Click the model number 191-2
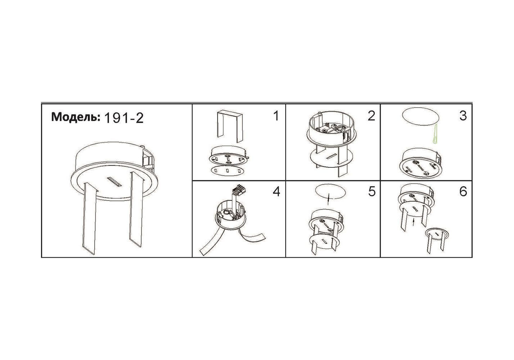tap(124, 118)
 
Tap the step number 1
tap(276, 116)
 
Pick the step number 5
tap(372, 192)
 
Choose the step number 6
tap(463, 192)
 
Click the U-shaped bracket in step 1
tap(229, 126)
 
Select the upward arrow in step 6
tap(413, 222)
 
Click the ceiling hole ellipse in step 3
tap(420, 117)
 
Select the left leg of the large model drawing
tap(90, 218)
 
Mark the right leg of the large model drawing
tap(136, 209)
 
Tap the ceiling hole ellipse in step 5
tap(331, 192)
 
